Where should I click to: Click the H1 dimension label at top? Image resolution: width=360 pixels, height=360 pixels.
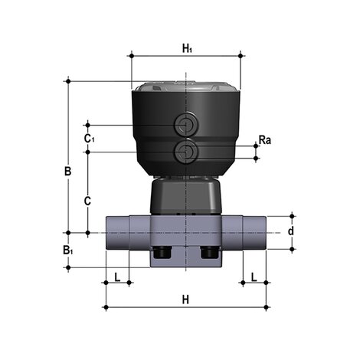[187, 48]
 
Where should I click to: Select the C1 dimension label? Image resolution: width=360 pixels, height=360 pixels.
[89, 138]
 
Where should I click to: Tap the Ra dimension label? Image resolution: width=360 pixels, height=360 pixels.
[264, 140]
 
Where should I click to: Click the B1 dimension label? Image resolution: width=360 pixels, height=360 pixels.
[68, 250]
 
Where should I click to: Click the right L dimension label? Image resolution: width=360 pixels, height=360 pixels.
[254, 276]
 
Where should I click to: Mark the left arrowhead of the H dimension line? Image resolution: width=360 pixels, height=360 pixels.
[106, 308]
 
